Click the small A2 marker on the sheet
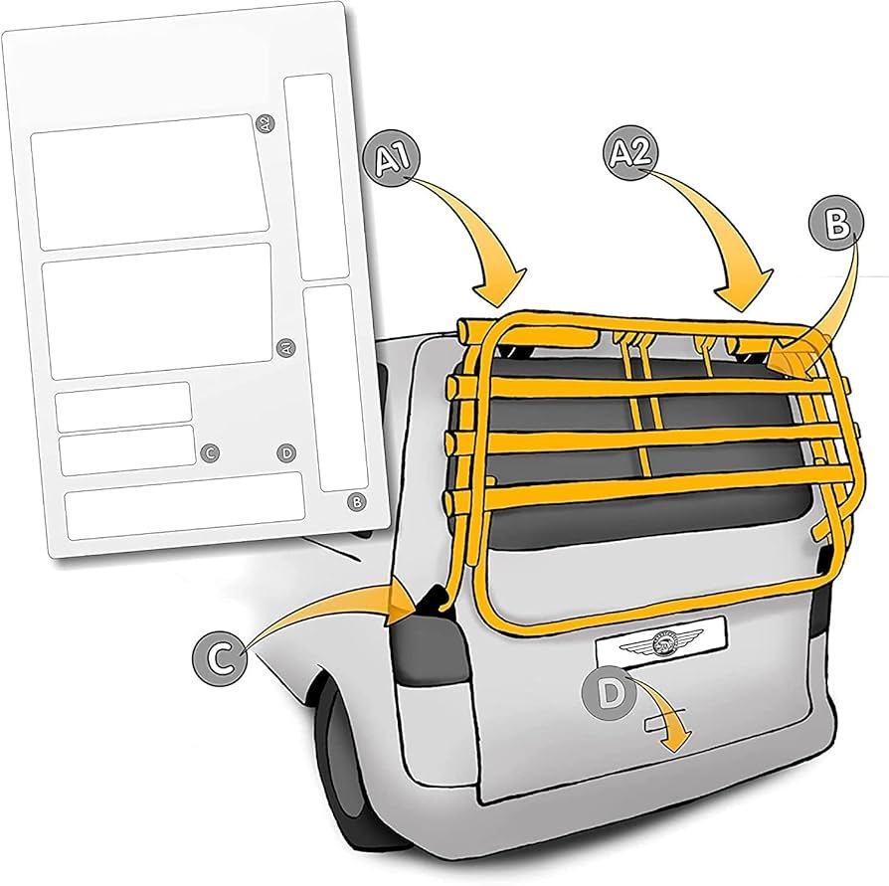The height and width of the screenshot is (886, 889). [263, 124]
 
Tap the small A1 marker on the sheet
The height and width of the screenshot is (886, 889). [284, 348]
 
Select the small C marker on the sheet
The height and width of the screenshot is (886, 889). [209, 453]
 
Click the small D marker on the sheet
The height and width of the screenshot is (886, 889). [287, 453]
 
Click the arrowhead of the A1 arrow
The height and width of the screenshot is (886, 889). [497, 294]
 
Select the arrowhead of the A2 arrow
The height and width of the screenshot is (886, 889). [746, 294]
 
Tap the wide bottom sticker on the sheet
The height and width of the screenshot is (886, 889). [184, 497]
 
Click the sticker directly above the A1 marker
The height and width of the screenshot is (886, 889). [156, 309]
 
